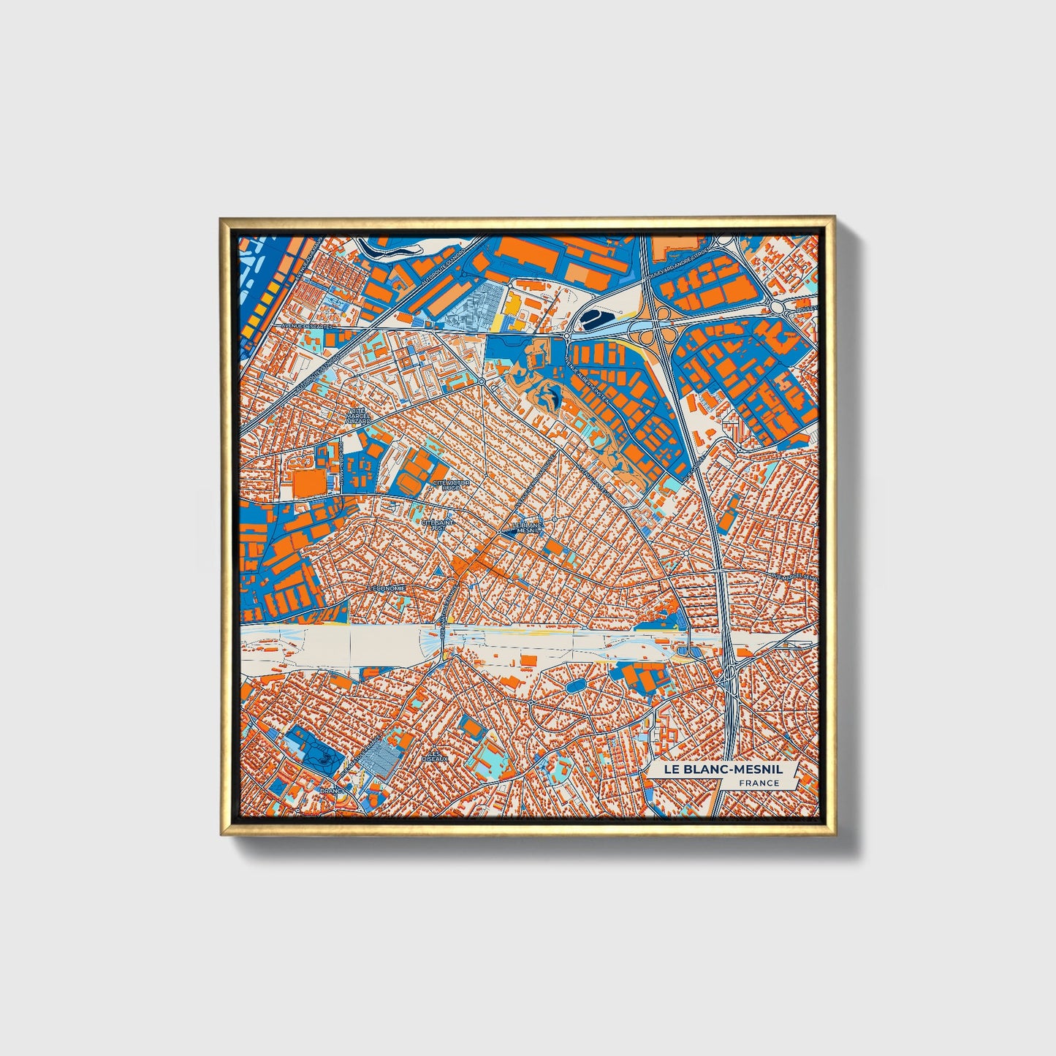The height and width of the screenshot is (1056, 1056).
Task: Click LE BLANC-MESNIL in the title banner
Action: (722, 770)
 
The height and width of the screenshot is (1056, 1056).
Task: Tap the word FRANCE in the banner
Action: (758, 783)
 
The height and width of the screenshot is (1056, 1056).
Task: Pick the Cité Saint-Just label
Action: (438, 525)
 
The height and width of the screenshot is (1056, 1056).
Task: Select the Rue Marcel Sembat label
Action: (794, 577)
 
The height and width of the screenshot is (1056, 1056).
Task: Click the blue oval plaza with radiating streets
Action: (576, 685)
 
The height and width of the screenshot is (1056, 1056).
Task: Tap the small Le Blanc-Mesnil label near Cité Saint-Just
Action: (527, 528)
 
